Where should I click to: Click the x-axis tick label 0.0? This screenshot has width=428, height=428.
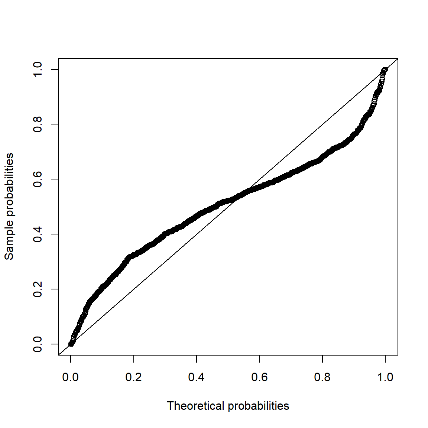tap(71, 377)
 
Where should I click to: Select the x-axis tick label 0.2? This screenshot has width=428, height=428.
tap(133, 377)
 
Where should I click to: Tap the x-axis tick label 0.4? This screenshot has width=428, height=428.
tap(197, 377)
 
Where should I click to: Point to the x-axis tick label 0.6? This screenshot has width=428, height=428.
tap(259, 377)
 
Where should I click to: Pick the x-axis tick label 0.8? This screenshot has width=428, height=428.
tap(322, 377)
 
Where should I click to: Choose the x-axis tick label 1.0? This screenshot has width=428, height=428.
tap(385, 377)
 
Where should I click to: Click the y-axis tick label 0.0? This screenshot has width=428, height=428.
tap(38, 344)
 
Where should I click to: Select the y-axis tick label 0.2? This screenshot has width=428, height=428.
tap(38, 289)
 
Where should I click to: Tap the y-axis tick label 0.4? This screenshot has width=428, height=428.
tap(38, 234)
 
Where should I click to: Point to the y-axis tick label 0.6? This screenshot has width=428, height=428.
tap(38, 179)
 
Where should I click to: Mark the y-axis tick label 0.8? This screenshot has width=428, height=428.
tap(38, 124)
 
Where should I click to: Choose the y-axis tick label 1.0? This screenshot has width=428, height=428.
tap(38, 69)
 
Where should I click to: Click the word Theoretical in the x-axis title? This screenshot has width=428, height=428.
tap(196, 406)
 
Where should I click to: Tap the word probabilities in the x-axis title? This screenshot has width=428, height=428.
tap(259, 406)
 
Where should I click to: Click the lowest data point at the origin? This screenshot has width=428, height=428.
tap(71, 344)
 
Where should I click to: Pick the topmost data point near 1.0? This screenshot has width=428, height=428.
tap(385, 70)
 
